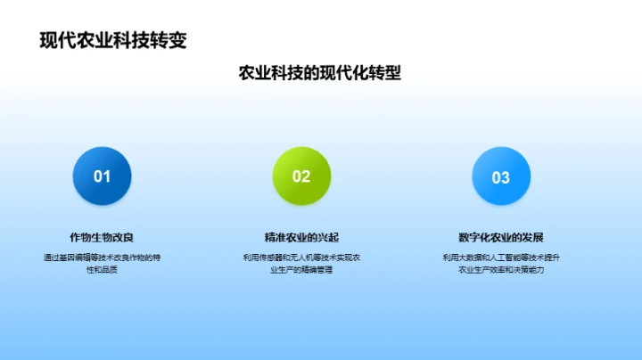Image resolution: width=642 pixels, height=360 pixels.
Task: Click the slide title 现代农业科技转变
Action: click(x=113, y=40)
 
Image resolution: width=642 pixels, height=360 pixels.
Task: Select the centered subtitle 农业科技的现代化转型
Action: click(x=319, y=73)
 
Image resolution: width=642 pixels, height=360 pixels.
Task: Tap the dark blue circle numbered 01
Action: click(x=102, y=176)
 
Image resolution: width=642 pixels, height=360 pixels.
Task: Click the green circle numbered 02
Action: click(x=301, y=176)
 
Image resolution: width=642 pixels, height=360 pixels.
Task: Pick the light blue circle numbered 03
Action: click(x=501, y=176)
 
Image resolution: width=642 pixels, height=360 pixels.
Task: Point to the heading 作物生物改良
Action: click(x=102, y=237)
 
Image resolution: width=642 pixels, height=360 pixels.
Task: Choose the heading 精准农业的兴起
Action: click(x=301, y=237)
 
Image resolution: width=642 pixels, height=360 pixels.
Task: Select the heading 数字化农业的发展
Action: click(x=501, y=237)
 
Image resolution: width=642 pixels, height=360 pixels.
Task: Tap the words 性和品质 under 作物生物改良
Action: click(x=102, y=269)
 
